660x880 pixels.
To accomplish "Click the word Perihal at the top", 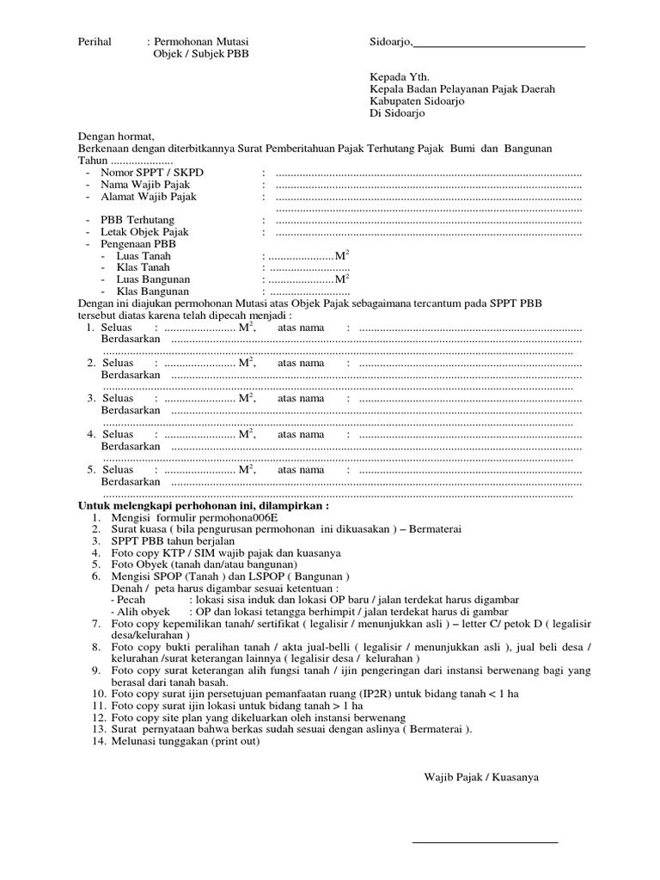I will click(95, 40).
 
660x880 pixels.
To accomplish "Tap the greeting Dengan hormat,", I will click(116, 137).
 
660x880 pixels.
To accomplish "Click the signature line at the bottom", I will click(485, 841).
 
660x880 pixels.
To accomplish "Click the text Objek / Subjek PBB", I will click(199, 52).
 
